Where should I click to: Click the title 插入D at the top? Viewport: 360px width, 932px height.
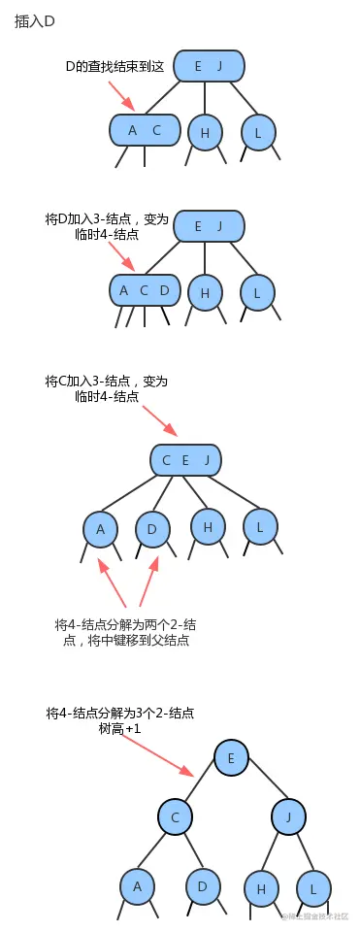(34, 20)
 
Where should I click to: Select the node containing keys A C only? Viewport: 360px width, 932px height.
(145, 130)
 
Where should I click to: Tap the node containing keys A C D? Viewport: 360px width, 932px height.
(145, 290)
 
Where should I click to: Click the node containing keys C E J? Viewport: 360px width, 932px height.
(185, 459)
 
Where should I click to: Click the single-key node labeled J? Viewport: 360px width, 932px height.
(288, 816)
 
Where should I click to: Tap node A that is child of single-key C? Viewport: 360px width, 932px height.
(137, 886)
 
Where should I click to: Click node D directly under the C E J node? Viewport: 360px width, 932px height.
(152, 530)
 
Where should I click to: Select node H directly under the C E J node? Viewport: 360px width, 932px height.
(207, 526)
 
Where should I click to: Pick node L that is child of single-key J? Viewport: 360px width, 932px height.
(312, 887)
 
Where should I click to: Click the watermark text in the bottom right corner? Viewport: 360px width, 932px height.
(314, 915)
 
